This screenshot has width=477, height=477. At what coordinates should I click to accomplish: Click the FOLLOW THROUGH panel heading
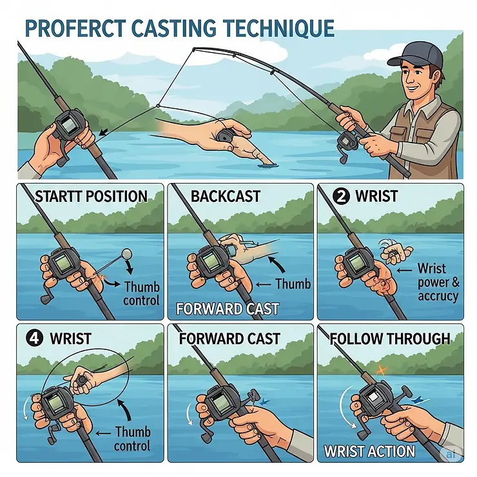click(390, 338)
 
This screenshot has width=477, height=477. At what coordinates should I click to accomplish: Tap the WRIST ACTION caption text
click(369, 451)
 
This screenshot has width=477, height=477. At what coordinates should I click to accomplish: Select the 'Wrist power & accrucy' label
click(438, 282)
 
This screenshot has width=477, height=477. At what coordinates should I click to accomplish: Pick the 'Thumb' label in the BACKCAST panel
click(293, 283)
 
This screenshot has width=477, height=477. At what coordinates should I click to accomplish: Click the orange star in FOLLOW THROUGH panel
click(381, 370)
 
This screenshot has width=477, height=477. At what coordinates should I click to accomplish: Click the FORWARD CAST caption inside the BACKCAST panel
click(228, 309)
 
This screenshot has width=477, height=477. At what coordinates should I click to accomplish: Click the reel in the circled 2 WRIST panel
click(354, 264)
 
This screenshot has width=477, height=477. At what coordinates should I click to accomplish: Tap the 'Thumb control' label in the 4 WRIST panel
click(133, 438)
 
